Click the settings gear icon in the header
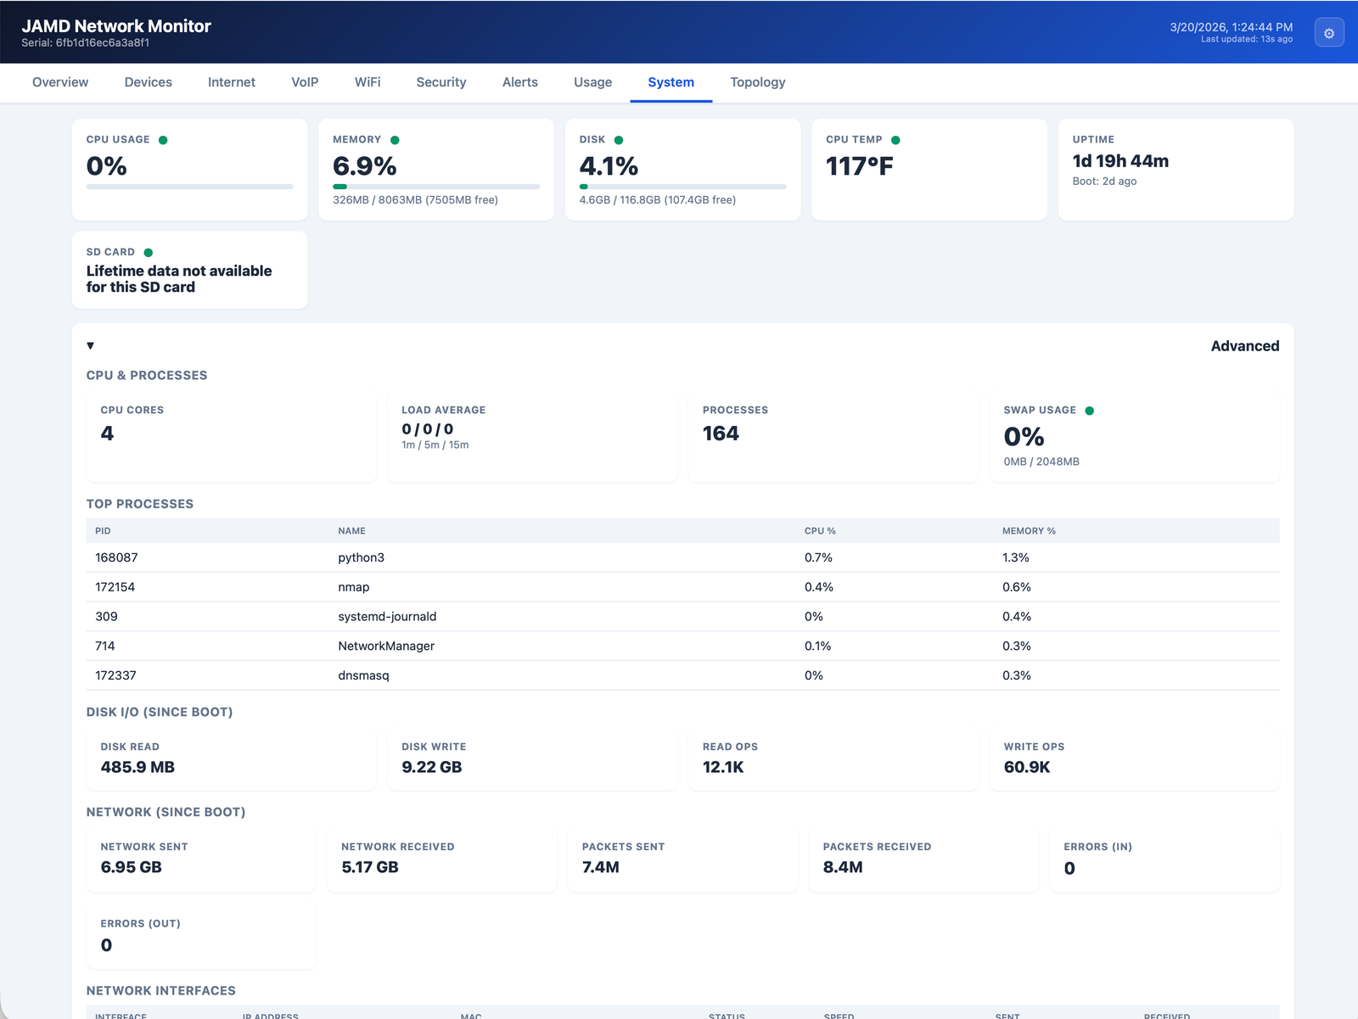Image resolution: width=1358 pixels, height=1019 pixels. point(1329,33)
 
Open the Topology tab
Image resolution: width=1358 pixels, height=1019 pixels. point(757,82)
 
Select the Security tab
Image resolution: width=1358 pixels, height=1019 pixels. point(441,82)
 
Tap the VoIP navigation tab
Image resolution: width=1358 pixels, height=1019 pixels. point(305,82)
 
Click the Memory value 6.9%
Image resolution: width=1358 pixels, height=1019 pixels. point(364,166)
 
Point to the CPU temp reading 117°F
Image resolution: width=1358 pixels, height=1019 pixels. point(859,166)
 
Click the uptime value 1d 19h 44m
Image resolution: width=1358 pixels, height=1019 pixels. point(1120,161)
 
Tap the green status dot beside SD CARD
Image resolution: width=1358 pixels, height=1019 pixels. point(149,253)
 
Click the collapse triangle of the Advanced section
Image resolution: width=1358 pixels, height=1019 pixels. point(91,346)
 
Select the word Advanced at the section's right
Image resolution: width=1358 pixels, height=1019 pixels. point(1244,346)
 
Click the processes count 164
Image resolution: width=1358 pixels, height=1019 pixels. point(721,434)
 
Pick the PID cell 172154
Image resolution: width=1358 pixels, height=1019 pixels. point(115,587)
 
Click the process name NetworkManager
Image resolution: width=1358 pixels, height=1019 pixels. point(386,647)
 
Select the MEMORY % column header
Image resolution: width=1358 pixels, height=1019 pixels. point(1029,531)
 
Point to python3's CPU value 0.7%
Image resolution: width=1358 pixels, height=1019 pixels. point(818,557)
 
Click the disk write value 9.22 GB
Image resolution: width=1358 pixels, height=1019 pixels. point(431,767)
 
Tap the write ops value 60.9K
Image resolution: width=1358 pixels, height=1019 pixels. point(1026,767)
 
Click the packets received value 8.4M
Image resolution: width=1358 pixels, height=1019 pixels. point(842,867)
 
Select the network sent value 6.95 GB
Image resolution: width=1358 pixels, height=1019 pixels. point(131,867)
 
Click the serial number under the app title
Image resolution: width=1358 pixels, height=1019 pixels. point(86,43)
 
